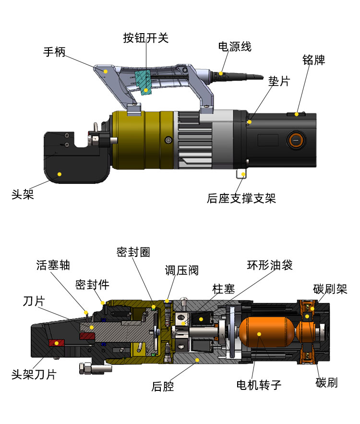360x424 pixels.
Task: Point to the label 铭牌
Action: pyautogui.click(x=314, y=60)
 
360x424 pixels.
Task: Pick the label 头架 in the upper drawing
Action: pyautogui.click(x=23, y=194)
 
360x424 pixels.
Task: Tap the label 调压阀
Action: pyautogui.click(x=182, y=270)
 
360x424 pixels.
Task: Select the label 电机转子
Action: pyautogui.click(x=258, y=385)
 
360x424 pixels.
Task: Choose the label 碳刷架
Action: pyautogui.click(x=330, y=289)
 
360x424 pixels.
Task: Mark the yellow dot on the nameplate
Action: pyautogui.click(x=297, y=114)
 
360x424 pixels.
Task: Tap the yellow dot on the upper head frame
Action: pyautogui.click(x=60, y=174)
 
